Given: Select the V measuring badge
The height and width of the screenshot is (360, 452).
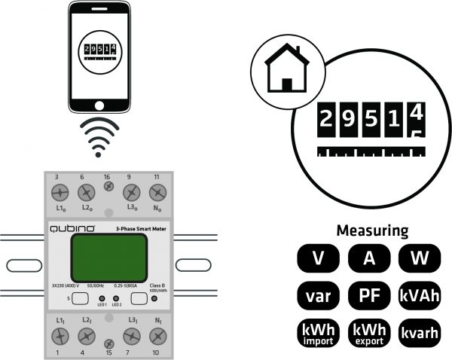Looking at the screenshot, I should coord(319,258).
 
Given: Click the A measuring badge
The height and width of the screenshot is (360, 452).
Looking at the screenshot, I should coord(369,258).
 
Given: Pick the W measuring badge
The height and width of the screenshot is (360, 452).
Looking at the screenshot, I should coord(419,258).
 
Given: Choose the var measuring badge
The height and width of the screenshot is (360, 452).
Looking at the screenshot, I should coord(319,294).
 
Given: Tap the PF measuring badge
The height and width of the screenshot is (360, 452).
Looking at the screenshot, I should coord(369,294).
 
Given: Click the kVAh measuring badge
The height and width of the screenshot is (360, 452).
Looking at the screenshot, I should coord(419,294).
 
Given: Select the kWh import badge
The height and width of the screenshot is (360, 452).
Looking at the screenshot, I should coord(319,332).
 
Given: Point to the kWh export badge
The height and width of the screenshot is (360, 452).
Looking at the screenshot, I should coord(369,332).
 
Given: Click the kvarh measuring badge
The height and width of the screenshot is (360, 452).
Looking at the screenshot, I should coord(419,332).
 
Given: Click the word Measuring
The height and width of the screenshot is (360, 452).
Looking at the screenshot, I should coord(372,230).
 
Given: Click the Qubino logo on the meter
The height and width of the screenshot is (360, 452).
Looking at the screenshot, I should coord(72,227).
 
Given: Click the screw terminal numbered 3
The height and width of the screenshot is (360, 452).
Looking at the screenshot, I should coord(57,192).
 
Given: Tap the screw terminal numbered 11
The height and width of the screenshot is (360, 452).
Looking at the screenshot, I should coord(157,192).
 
